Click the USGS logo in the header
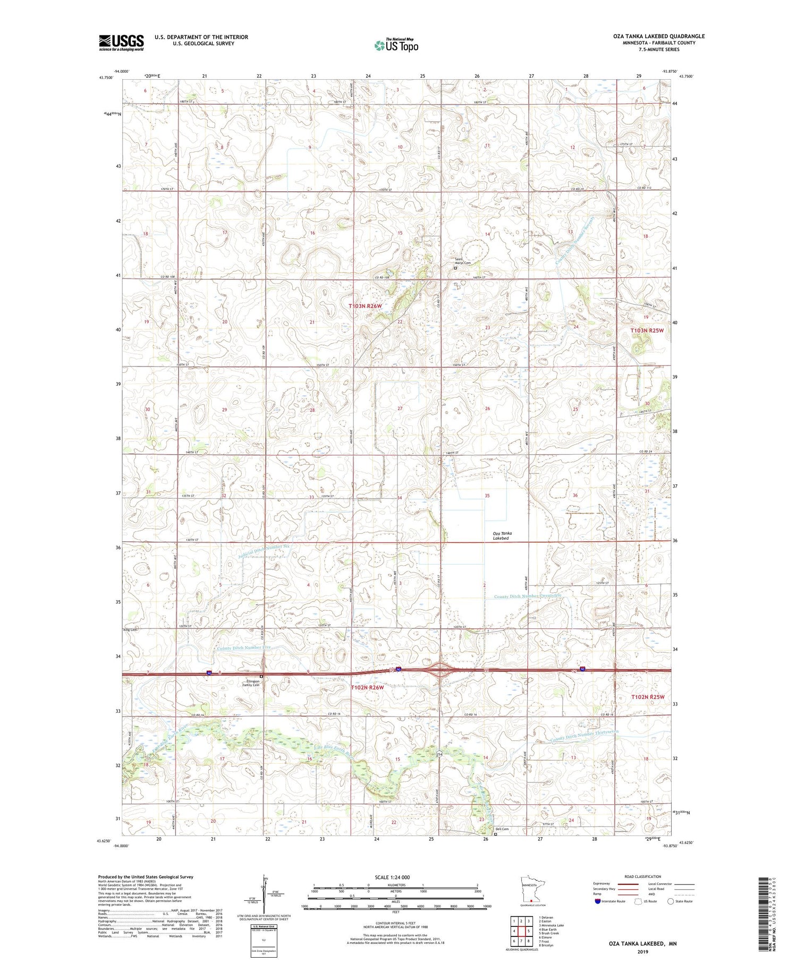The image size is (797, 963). click(121, 42)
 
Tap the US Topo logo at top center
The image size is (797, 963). click(396, 45)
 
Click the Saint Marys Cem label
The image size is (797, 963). click(462, 261)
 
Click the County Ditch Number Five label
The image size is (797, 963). click(244, 648)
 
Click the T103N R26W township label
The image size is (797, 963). click(365, 306)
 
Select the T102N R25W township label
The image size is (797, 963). click(648, 696)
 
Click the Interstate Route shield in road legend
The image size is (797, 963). click(598, 901)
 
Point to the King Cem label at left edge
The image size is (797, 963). click(130, 630)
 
